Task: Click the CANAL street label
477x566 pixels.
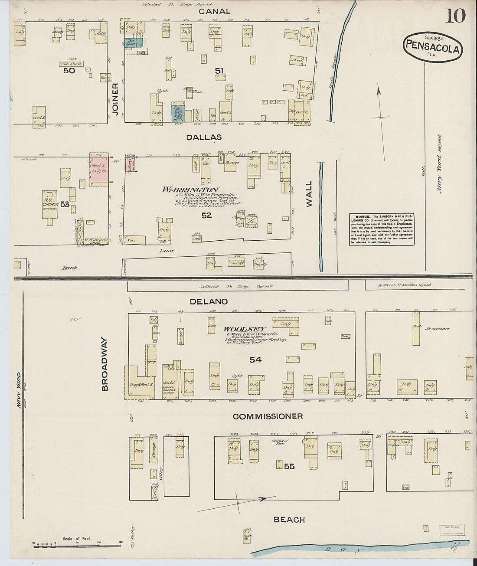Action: pyautogui.click(x=215, y=12)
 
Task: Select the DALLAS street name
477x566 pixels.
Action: pyautogui.click(x=204, y=137)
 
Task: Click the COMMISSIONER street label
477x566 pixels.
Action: pyautogui.click(x=268, y=416)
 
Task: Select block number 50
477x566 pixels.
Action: pyautogui.click(x=69, y=70)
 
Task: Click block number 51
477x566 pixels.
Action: pyautogui.click(x=219, y=70)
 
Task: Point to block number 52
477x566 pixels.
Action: pyautogui.click(x=206, y=215)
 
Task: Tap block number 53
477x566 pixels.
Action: pyautogui.click(x=65, y=204)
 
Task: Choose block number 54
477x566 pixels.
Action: pyautogui.click(x=255, y=360)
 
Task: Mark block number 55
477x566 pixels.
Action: pyautogui.click(x=289, y=466)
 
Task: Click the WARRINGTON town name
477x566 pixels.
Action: pyautogui.click(x=190, y=190)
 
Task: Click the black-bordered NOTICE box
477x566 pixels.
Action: pyautogui.click(x=381, y=229)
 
